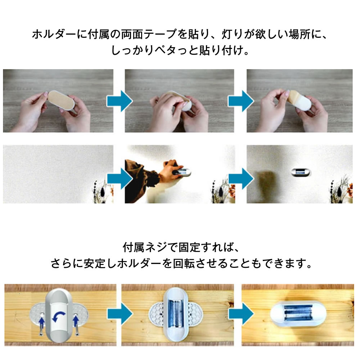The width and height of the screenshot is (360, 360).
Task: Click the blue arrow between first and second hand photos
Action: click(x=120, y=101)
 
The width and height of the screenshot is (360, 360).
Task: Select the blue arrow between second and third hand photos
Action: click(x=241, y=101)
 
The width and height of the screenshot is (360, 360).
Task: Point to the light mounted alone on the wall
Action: click(x=301, y=172)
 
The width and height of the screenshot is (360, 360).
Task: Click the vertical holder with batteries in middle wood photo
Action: click(x=176, y=315)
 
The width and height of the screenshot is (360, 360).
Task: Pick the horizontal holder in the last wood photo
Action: click(x=298, y=314)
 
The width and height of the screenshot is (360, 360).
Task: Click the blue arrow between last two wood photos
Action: click(x=241, y=314)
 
